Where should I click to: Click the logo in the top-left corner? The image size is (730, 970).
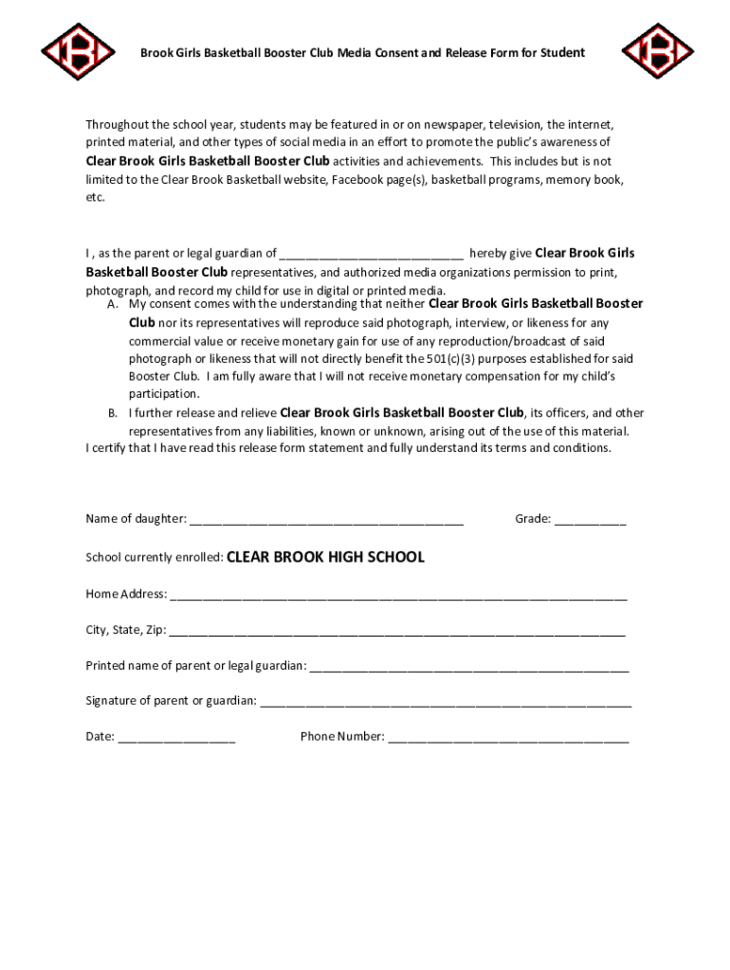coord(78,51)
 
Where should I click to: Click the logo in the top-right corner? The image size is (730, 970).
coord(657,51)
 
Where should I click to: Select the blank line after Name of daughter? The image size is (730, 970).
coord(326,520)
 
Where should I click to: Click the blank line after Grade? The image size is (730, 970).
coord(590,520)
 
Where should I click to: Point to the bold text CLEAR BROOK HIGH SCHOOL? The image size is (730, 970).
coord(325,557)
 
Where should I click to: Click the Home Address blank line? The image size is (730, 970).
coord(398,596)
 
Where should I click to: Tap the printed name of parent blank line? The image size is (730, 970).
coord(468,667)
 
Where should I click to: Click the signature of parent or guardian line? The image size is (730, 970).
coord(446,702)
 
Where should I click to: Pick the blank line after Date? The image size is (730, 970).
coord(176,738)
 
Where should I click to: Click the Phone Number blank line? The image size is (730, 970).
coord(507,738)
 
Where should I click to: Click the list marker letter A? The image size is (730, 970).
coord(112,305)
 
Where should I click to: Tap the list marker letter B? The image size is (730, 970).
coord(112,413)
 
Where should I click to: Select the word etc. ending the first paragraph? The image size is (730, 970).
coord(95,197)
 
